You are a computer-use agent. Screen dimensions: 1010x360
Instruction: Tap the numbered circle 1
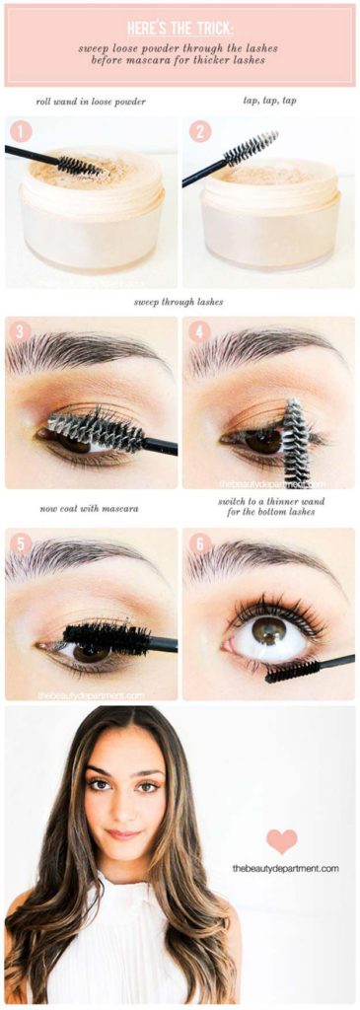tap(20, 132)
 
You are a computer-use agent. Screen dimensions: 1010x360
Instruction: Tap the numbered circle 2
tap(200, 132)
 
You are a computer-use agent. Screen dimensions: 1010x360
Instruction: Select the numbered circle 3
tap(20, 332)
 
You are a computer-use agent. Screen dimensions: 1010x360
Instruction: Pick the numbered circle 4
tap(200, 332)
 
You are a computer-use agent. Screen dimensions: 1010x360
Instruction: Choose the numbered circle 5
tap(20, 544)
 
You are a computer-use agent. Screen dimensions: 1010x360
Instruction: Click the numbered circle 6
tap(200, 544)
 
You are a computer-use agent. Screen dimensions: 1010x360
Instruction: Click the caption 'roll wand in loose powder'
tap(91, 102)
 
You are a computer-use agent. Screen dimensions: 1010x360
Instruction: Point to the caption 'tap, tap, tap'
tap(269, 101)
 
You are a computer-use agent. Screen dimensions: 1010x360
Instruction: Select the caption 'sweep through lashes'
tap(180, 302)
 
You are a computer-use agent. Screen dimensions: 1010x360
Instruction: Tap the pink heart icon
tap(282, 840)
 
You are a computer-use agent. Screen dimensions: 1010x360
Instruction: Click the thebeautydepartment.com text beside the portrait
tap(286, 868)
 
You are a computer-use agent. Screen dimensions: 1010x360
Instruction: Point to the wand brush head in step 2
tap(251, 148)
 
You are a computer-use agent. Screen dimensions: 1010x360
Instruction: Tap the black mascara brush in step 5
tap(106, 638)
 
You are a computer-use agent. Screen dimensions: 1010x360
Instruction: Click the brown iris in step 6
tap(267, 632)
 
